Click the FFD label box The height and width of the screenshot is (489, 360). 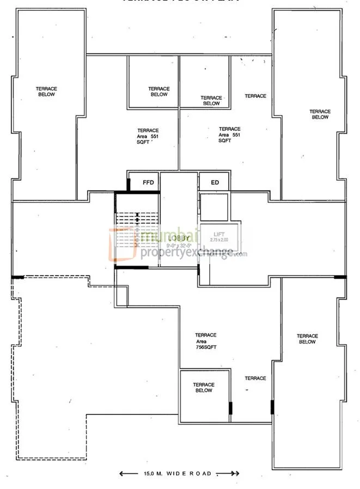point(148,182)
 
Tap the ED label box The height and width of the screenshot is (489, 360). point(215,182)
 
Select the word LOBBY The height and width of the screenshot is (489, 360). point(179,238)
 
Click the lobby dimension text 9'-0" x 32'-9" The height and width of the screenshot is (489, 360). point(179,244)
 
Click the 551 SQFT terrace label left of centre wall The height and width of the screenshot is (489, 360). point(148,136)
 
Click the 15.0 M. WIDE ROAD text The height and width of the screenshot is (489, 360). point(178,473)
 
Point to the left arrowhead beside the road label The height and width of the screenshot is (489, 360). point(123,473)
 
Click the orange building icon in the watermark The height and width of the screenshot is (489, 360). point(122,244)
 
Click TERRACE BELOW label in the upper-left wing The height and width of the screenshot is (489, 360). point(47,91)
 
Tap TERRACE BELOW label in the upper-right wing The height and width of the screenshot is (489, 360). point(320,114)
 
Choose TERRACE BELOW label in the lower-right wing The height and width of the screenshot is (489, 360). point(307,339)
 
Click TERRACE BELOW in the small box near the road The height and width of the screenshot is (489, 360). point(204,387)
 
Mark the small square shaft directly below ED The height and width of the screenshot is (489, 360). point(213,206)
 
